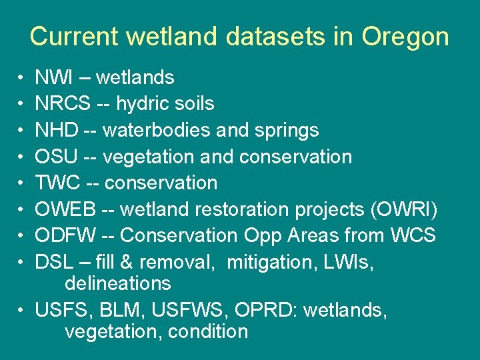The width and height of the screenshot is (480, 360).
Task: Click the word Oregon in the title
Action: pyautogui.click(x=405, y=37)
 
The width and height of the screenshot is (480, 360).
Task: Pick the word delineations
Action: pyautogui.click(x=117, y=283)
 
